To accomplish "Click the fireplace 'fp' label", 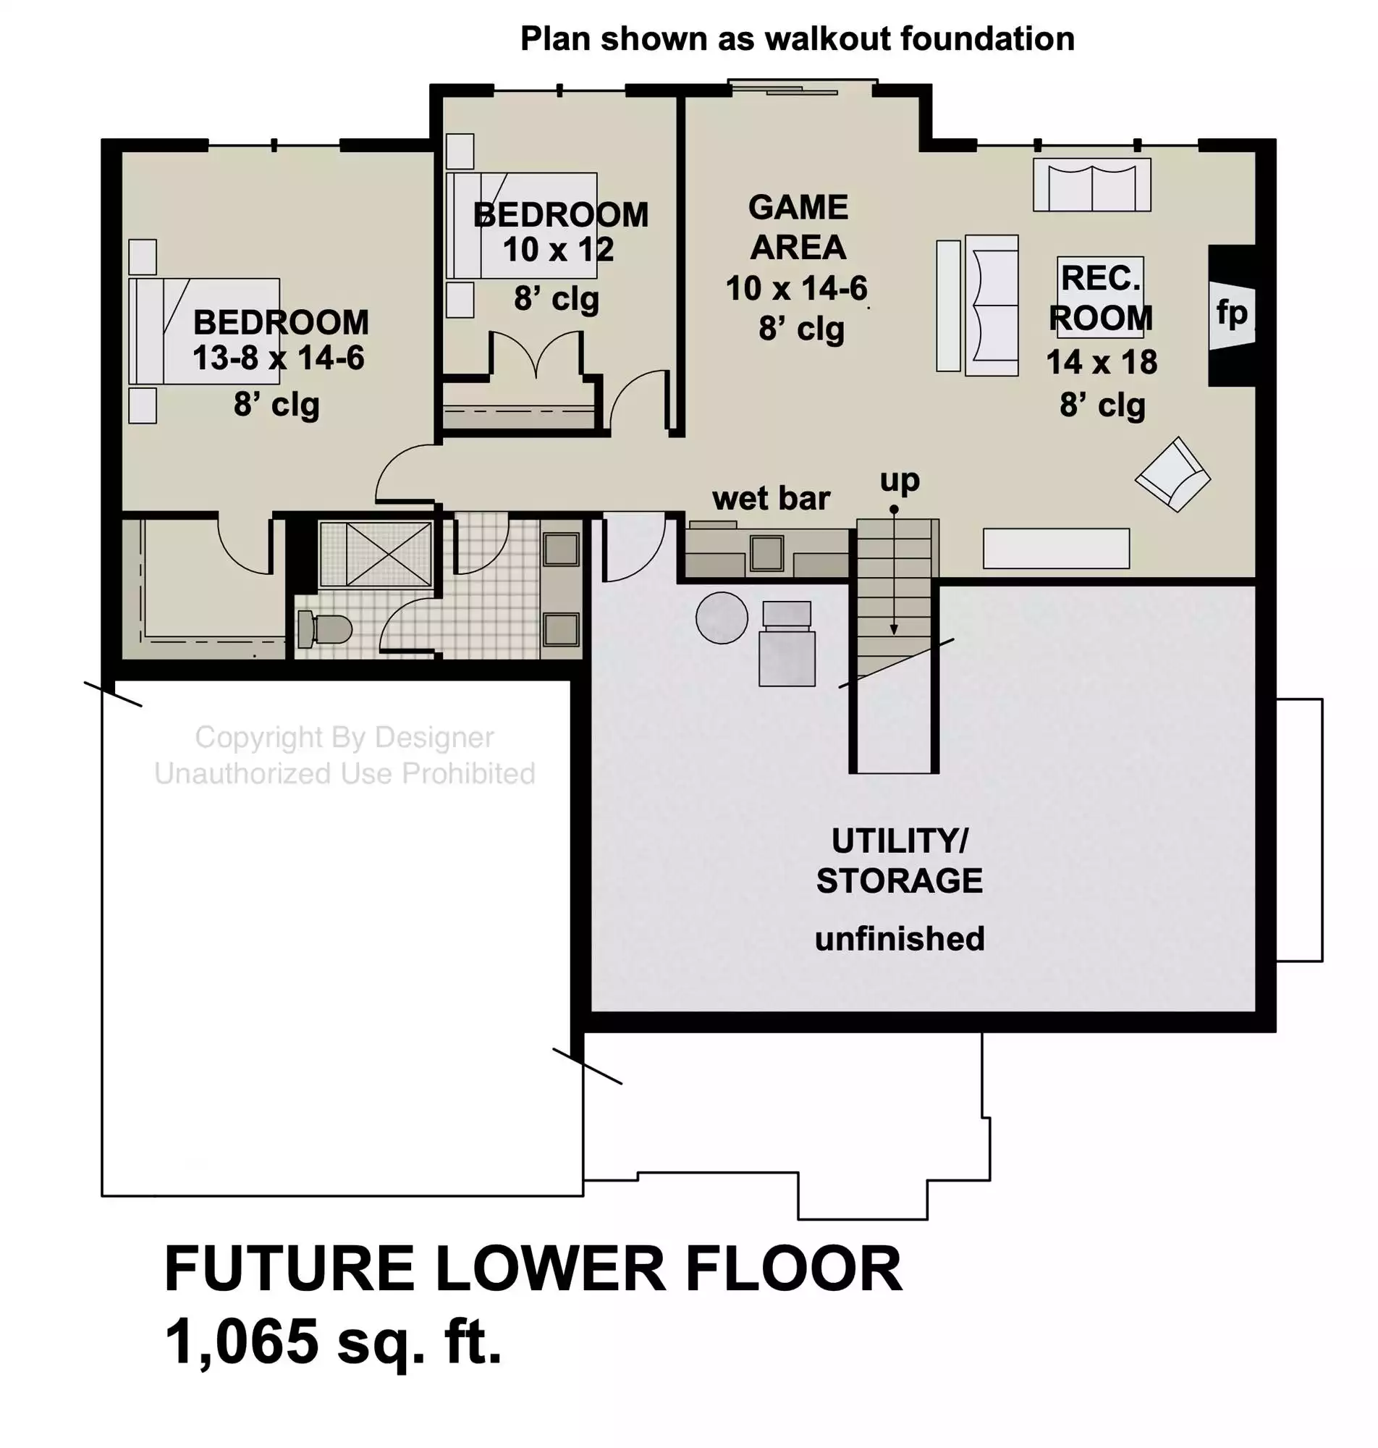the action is click(x=1232, y=313).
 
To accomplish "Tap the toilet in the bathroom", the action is click(x=325, y=630).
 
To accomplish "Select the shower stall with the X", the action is click(x=376, y=554).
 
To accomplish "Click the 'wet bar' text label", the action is click(x=771, y=499).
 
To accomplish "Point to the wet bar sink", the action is click(x=767, y=553).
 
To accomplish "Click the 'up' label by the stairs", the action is click(x=900, y=481).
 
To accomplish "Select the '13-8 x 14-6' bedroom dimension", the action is click(x=279, y=358).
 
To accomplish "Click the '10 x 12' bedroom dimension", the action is click(x=558, y=250).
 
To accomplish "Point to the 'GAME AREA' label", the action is click(x=798, y=227).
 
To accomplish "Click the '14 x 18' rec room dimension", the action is click(x=1102, y=362).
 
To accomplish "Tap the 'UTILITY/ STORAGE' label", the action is click(x=900, y=860).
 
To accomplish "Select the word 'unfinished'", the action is click(x=900, y=939).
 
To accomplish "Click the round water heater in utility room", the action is click(x=722, y=618).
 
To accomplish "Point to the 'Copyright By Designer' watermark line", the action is click(x=344, y=738).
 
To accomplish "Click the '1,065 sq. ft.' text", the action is click(x=334, y=1342).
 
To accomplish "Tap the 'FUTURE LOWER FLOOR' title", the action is click(x=533, y=1268).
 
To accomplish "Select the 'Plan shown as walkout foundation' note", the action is click(x=798, y=39).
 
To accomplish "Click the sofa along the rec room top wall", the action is click(x=1091, y=185).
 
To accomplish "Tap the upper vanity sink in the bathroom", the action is click(x=561, y=549).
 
